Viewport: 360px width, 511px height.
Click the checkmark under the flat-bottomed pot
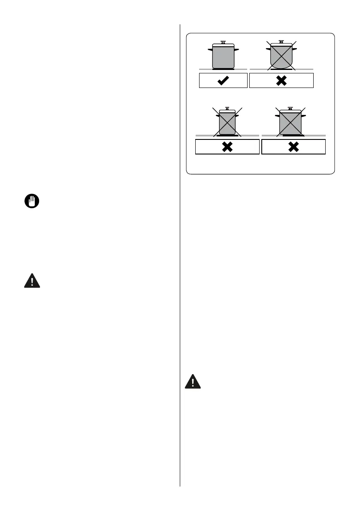pyautogui.click(x=223, y=81)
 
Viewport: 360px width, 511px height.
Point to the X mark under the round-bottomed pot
pyautogui.click(x=281, y=81)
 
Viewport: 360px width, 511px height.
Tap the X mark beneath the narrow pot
pyautogui.click(x=227, y=147)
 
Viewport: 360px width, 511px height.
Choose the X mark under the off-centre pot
pyautogui.click(x=293, y=147)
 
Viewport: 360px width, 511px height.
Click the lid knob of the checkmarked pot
pyautogui.click(x=223, y=42)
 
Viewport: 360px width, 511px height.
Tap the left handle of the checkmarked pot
pyautogui.click(x=210, y=50)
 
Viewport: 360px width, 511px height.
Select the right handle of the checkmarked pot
pyautogui.click(x=236, y=50)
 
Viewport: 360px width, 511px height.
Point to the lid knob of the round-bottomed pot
pyautogui.click(x=281, y=42)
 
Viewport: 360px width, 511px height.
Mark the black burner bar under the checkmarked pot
pyautogui.click(x=223, y=69)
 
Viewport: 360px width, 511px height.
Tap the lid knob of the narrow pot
pyautogui.click(x=227, y=109)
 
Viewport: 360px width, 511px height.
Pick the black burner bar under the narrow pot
pyautogui.click(x=227, y=136)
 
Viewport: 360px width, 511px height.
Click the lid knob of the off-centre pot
pyautogui.click(x=290, y=109)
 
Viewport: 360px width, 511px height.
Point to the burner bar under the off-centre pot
pyautogui.click(x=293, y=136)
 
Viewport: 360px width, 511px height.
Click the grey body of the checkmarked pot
pyautogui.click(x=223, y=57)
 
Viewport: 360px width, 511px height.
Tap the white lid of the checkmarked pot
pyautogui.click(x=223, y=45)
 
